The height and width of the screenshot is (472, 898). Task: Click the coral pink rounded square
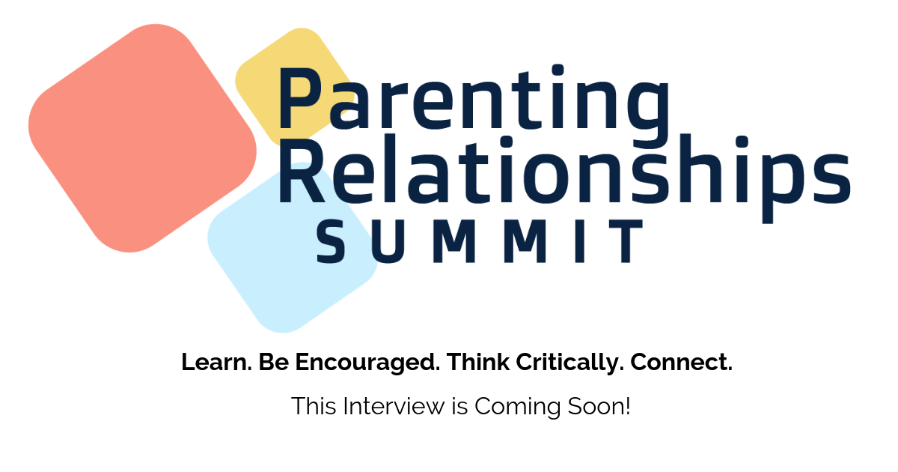pyautogui.click(x=142, y=139)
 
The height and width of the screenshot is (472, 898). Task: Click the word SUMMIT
pyautogui.click(x=480, y=241)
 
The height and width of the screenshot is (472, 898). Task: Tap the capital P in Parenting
pyautogui.click(x=301, y=98)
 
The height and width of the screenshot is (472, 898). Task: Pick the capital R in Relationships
pyautogui.click(x=302, y=172)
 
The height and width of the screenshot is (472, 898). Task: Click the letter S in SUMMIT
pyautogui.click(x=331, y=241)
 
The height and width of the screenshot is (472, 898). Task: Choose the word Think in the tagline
pyautogui.click(x=478, y=362)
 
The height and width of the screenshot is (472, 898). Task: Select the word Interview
pyautogui.click(x=394, y=406)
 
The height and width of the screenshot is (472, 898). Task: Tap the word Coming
pyautogui.click(x=518, y=408)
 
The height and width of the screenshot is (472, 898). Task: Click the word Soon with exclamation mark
pyautogui.click(x=599, y=406)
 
